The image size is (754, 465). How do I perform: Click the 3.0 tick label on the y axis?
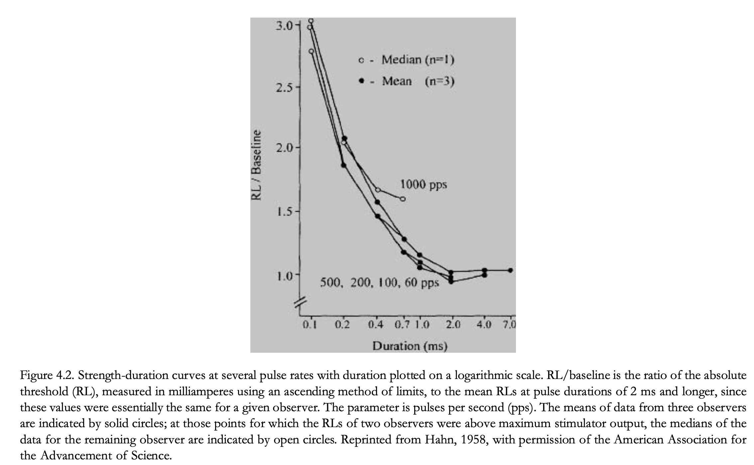284,26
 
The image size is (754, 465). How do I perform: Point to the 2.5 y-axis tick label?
284,88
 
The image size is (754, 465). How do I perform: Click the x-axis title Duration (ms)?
410,346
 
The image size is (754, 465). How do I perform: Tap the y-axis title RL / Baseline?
256,165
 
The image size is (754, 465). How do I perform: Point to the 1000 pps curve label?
423,184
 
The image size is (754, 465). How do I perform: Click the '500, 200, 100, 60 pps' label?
379,283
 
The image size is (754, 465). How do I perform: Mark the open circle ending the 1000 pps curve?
403,199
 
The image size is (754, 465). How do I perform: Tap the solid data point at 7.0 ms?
511,270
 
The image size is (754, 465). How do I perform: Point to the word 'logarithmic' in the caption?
486,375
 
